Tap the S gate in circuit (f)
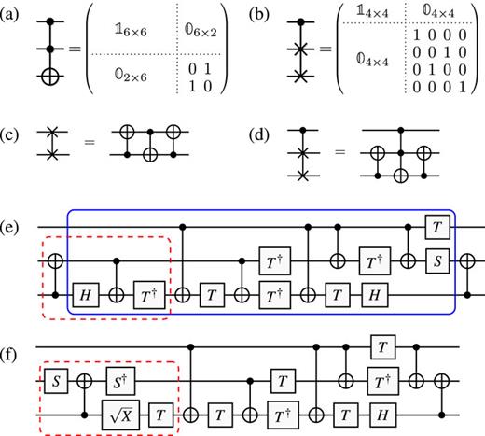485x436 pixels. pyautogui.click(x=54, y=381)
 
